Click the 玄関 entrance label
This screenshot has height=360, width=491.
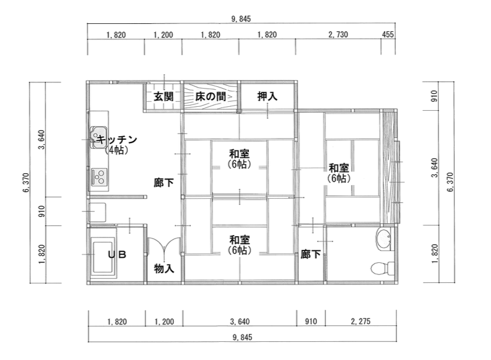point(163,97)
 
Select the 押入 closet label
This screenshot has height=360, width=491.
point(267,97)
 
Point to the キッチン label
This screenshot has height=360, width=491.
point(117,139)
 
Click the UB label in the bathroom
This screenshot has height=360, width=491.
point(116,255)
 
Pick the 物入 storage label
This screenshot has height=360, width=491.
point(164,269)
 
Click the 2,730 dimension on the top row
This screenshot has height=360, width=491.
point(338,35)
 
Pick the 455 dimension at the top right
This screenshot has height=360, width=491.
point(388,35)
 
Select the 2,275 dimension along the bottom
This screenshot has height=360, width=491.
point(360,322)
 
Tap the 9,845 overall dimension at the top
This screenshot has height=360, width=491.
point(241,19)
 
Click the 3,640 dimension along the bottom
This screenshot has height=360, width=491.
point(239,322)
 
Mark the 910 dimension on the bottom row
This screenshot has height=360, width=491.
point(310,322)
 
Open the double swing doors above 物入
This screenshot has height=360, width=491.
point(164,246)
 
